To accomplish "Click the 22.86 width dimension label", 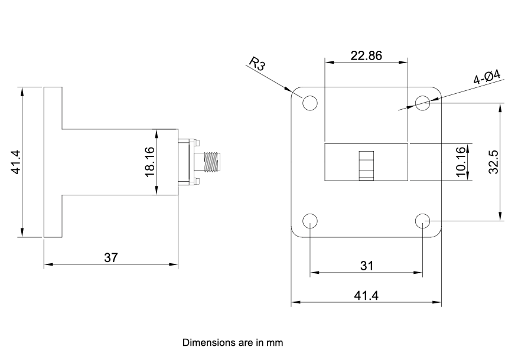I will coord(366,56).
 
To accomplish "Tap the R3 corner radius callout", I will coord(258,64).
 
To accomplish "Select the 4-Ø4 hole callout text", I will coord(487,78).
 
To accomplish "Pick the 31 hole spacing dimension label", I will coord(366,266).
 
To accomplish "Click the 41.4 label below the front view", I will coord(366,295).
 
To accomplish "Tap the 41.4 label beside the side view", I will coord(16,162).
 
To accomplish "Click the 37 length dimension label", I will coord(111,257).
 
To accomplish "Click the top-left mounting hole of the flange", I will coord(310,103).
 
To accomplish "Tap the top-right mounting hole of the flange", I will coord(422,103).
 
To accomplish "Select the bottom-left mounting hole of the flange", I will coord(310,221).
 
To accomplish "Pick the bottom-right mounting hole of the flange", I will coord(422,221).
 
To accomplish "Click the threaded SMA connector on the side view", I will coord(211,162).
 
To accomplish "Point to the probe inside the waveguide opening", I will coord(366,166).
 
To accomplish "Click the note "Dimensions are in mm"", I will coord(233,342).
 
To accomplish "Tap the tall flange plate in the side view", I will coord(53,162).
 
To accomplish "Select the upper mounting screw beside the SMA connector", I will coord(196,142).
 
